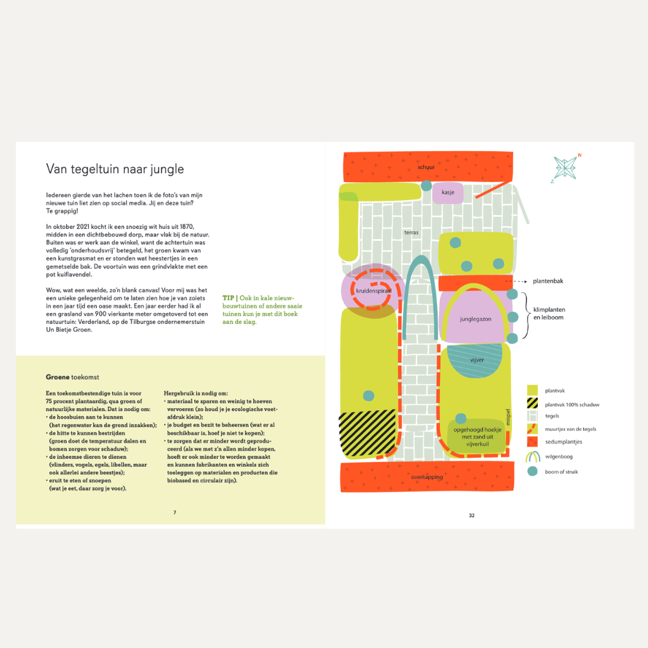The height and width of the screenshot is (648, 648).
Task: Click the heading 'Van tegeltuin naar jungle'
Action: [x=115, y=169]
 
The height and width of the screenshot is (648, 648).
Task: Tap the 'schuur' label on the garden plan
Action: [x=426, y=167]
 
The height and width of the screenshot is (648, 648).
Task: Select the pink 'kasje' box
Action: [x=448, y=192]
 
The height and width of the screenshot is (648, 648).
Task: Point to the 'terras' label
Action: [x=411, y=232]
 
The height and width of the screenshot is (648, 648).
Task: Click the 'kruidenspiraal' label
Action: [x=374, y=290]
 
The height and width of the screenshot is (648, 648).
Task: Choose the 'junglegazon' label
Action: [x=476, y=319]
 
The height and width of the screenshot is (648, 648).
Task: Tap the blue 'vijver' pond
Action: [x=475, y=360]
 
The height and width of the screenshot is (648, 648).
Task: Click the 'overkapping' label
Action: [x=427, y=477]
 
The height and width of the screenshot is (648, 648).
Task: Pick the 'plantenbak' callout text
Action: [x=548, y=281]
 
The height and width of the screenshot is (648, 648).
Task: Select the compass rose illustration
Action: [x=565, y=168]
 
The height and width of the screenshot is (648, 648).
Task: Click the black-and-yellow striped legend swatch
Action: [x=532, y=403]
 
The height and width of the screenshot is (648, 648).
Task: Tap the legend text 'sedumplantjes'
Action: [x=563, y=442]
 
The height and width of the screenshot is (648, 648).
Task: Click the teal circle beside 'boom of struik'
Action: [x=532, y=471]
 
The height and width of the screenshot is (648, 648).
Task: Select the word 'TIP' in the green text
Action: [x=228, y=298]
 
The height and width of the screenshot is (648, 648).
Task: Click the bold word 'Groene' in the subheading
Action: [x=58, y=377]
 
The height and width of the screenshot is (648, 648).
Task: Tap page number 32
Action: [x=472, y=515]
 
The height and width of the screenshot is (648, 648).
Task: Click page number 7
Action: [x=175, y=513]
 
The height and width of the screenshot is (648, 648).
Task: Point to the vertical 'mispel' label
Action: [x=508, y=417]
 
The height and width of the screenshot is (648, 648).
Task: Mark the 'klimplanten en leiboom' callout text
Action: [x=550, y=313]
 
